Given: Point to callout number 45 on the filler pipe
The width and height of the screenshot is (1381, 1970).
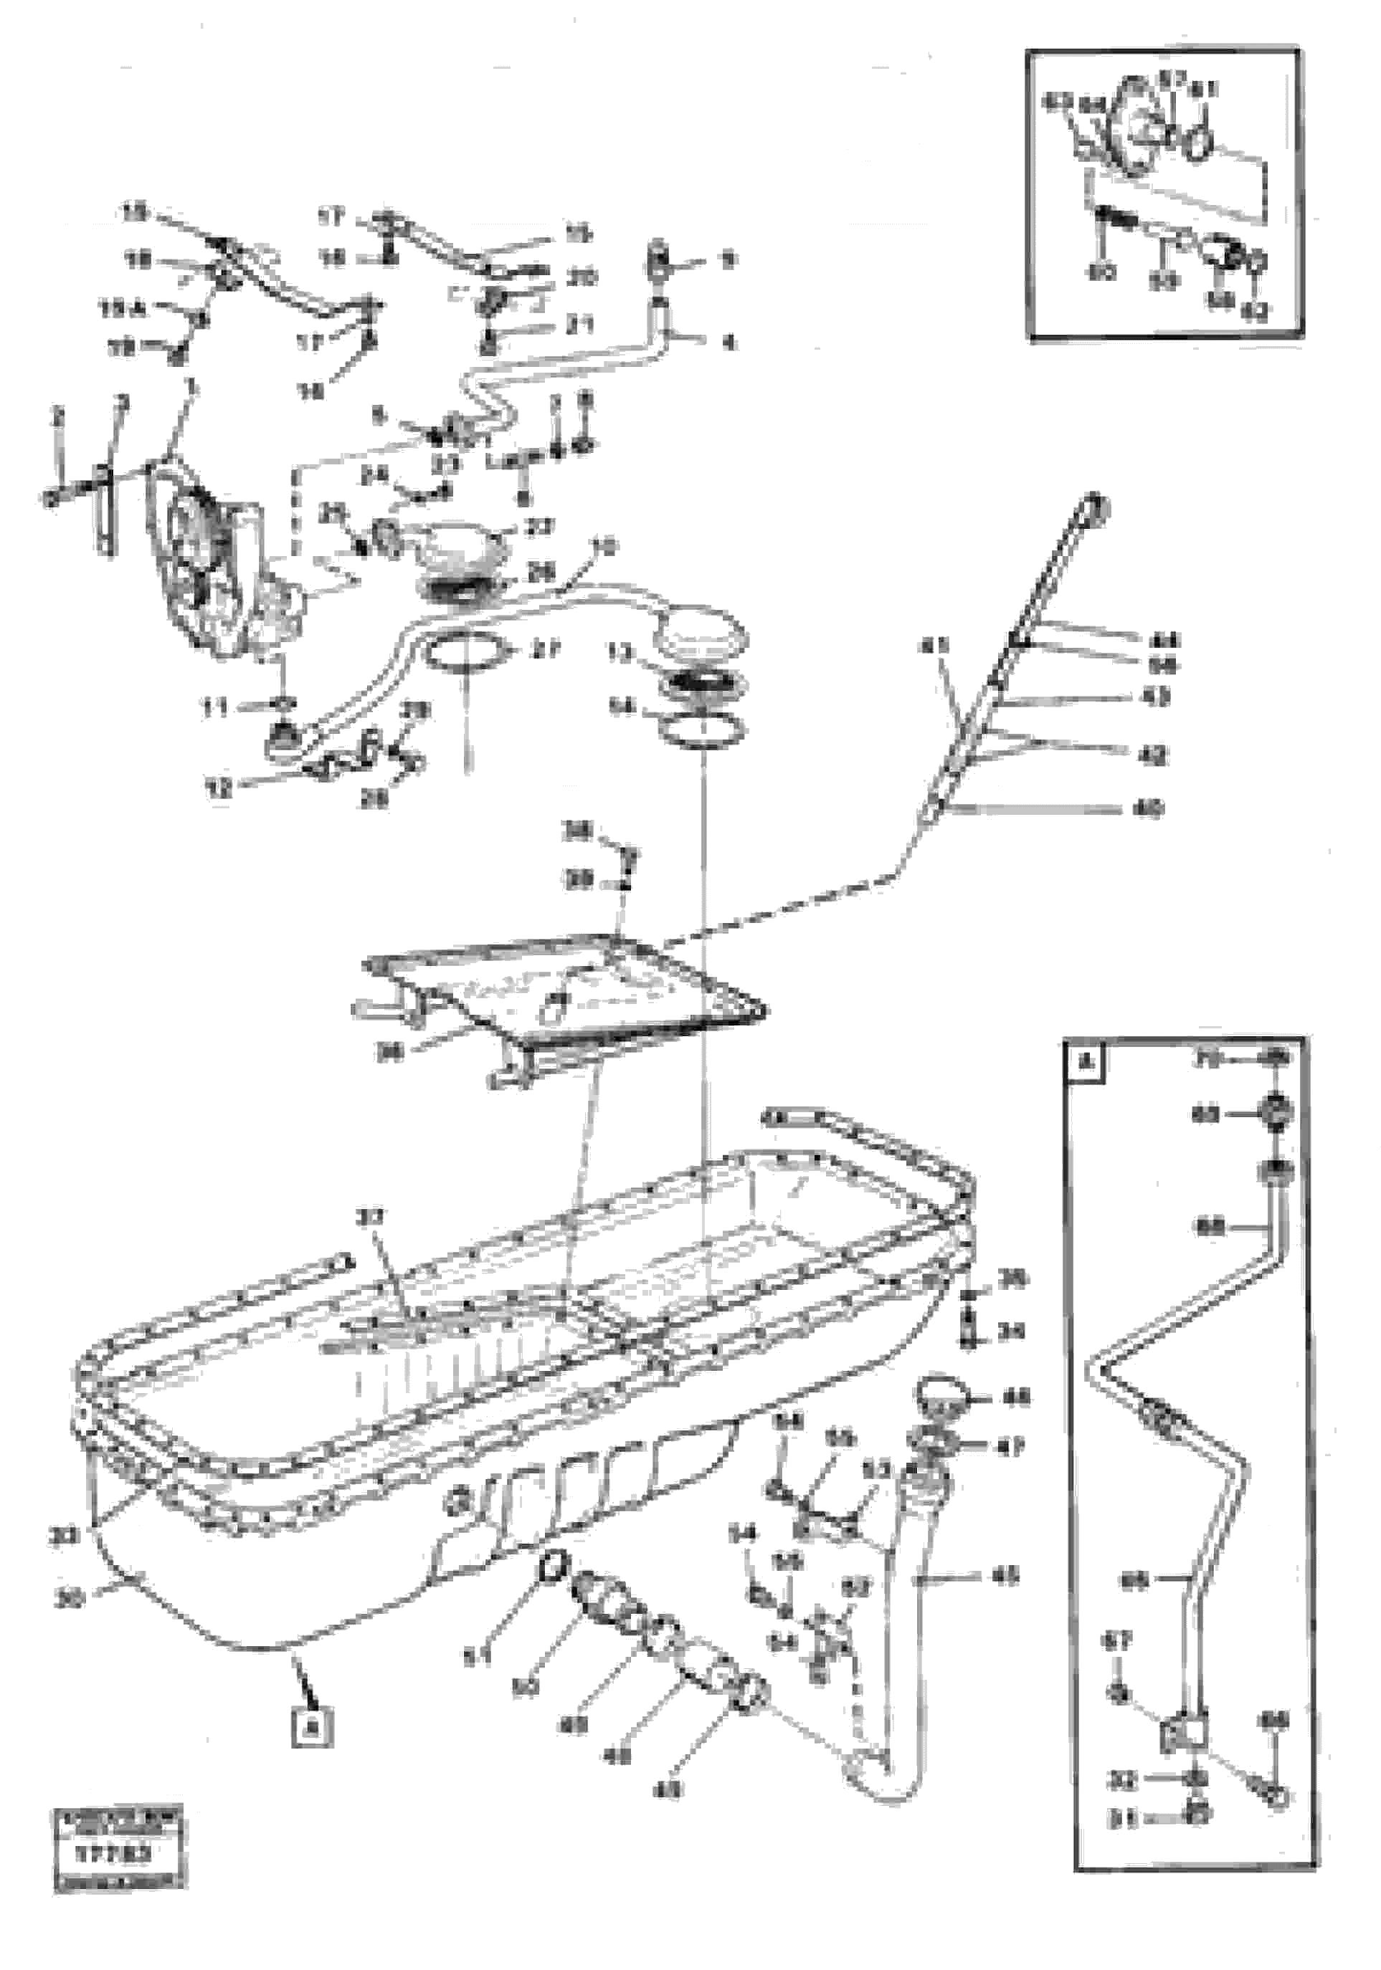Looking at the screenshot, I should tap(1005, 1577).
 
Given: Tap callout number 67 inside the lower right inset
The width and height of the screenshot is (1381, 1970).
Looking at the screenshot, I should tap(1119, 1641).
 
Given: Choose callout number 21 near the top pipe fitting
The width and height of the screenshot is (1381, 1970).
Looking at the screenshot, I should tap(581, 325).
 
